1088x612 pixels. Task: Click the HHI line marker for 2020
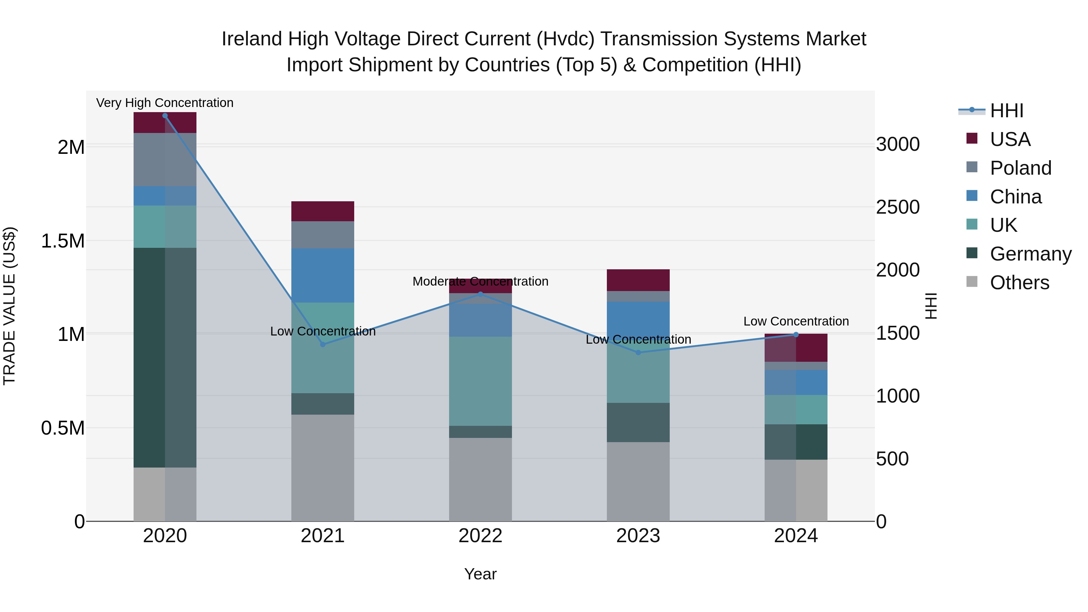click(165, 115)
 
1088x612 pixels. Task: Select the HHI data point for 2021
click(323, 344)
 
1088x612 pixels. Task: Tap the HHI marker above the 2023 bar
click(638, 352)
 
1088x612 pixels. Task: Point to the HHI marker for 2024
click(796, 335)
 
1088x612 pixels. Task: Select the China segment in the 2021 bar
click(323, 275)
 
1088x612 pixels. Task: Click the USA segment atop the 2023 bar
click(638, 280)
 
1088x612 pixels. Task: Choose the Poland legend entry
click(1020, 168)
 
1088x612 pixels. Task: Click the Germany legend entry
click(1030, 254)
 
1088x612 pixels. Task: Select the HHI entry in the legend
click(1006, 111)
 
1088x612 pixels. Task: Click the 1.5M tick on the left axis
click(63, 241)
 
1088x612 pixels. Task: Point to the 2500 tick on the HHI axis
click(898, 207)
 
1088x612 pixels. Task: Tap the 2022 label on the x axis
click(480, 536)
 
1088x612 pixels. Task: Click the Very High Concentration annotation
click(165, 103)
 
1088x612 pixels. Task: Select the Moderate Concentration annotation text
click(480, 281)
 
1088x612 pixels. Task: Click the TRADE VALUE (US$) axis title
click(9, 306)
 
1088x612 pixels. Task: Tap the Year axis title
click(480, 574)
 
